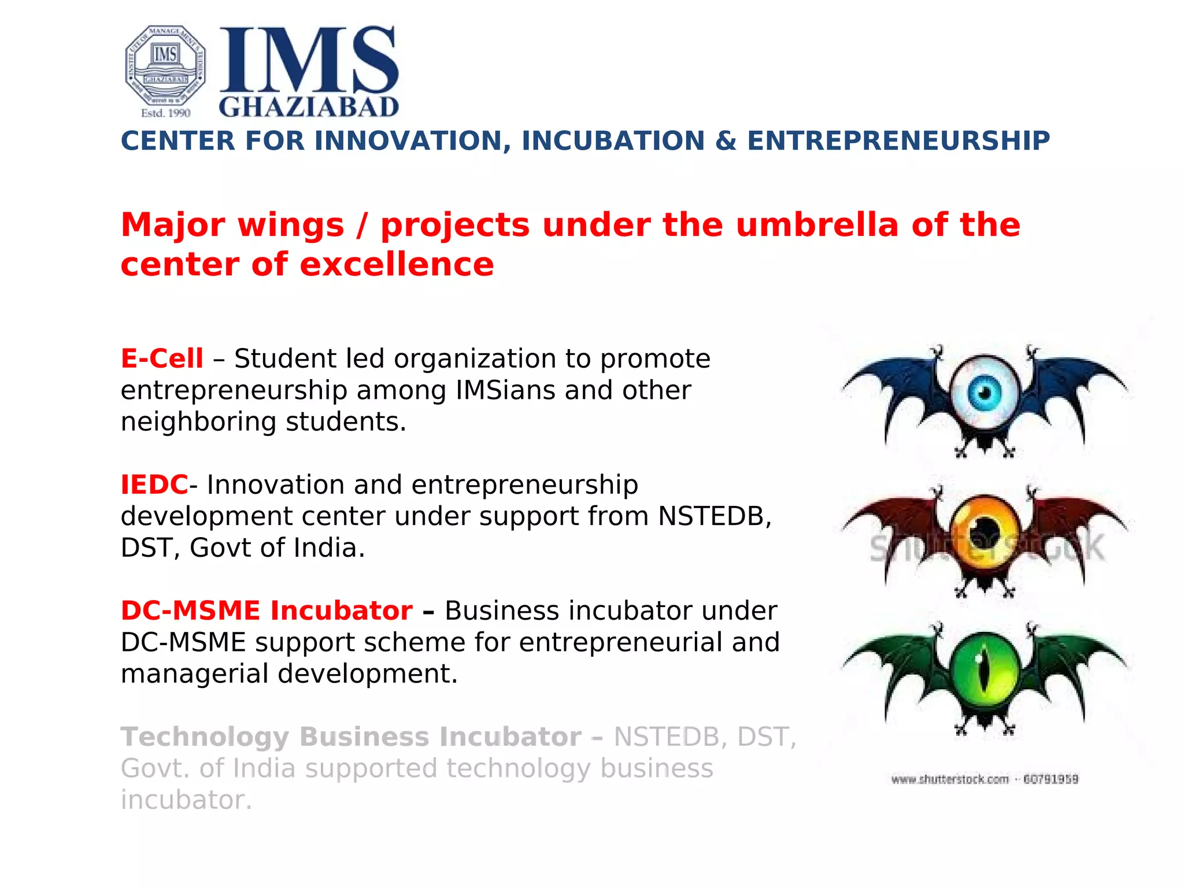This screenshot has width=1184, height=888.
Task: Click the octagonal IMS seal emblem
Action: click(x=165, y=65)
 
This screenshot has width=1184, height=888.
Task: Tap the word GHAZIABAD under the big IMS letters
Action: click(x=309, y=107)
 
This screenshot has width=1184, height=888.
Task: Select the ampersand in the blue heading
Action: click(x=726, y=141)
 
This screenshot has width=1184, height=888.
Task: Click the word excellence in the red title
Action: click(x=397, y=265)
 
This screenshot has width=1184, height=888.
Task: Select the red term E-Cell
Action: click(x=162, y=358)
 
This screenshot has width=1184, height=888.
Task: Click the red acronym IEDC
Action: click(x=154, y=484)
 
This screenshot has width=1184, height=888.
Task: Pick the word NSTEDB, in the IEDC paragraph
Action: click(x=715, y=516)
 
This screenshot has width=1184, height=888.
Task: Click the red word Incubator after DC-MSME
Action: click(x=341, y=610)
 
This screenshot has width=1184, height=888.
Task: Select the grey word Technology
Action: click(x=205, y=737)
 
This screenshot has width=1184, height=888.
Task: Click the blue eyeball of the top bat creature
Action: click(x=984, y=393)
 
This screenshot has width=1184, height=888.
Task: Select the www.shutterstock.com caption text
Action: click(x=949, y=779)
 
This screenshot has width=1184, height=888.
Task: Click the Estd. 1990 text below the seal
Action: click(x=166, y=113)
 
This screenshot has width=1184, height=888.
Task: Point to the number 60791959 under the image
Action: click(x=1050, y=779)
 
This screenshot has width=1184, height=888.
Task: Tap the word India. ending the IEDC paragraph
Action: click(x=329, y=547)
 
